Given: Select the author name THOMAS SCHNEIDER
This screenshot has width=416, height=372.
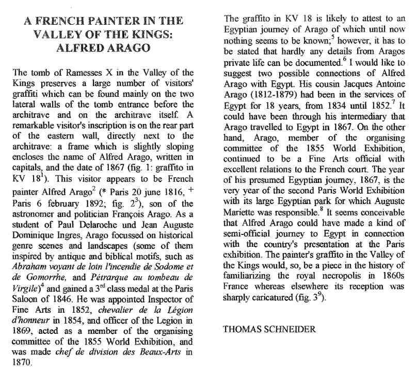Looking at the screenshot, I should click(x=268, y=329).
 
